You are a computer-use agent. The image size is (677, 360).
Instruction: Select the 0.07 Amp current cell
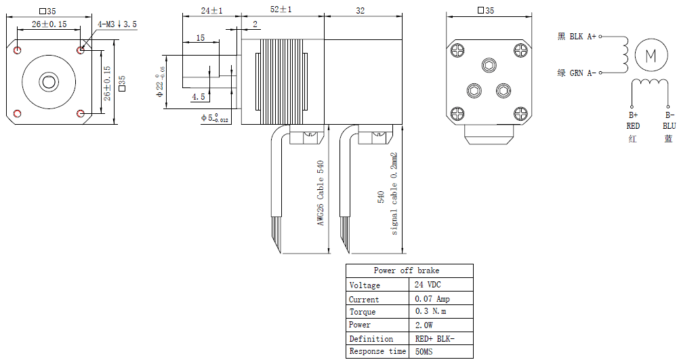[432, 298]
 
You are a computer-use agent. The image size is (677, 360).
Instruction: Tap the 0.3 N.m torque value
[430, 311]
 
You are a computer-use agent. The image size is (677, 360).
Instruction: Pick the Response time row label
[377, 351]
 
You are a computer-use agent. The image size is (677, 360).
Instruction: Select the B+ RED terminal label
[632, 121]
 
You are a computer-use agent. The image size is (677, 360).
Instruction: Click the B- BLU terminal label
[669, 121]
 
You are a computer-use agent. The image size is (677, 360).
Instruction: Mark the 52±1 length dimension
[281, 9]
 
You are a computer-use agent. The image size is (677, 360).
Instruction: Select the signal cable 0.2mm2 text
[393, 193]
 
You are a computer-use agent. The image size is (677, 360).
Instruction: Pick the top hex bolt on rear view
[489, 65]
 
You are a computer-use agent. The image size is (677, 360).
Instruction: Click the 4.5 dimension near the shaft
[198, 97]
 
